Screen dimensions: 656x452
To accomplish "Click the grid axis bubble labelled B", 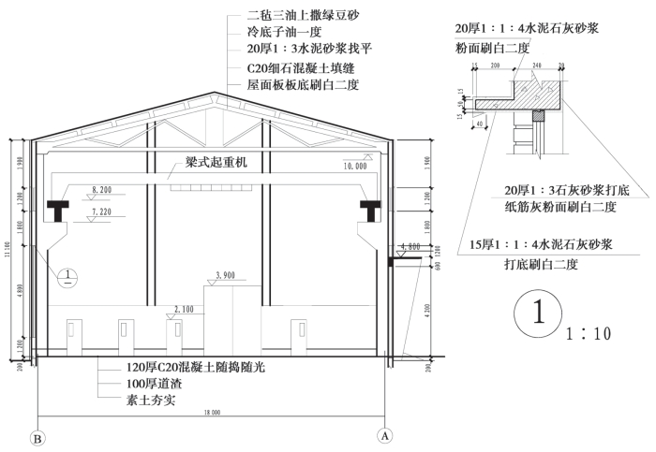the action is pyautogui.click(x=37, y=436).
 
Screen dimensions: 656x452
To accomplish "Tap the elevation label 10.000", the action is pyautogui.click(x=353, y=165).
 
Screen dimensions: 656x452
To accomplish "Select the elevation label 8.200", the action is pyautogui.click(x=101, y=189).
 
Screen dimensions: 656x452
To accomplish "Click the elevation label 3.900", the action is pyautogui.click(x=226, y=274).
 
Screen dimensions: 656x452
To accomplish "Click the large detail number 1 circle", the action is pyautogui.click(x=538, y=315).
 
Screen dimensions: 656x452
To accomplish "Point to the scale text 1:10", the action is pyautogui.click(x=589, y=333).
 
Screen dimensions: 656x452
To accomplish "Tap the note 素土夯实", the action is pyautogui.click(x=152, y=400).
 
